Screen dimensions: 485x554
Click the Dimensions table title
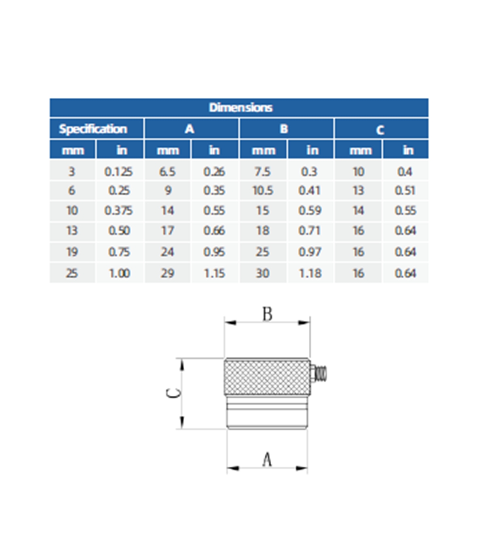(240, 107)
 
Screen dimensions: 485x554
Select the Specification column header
(93, 129)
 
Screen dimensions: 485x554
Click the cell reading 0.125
(118, 172)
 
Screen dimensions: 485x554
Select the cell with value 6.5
(167, 172)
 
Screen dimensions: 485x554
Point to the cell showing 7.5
(262, 172)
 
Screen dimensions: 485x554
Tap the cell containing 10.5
(263, 191)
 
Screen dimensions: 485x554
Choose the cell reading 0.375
(118, 211)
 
